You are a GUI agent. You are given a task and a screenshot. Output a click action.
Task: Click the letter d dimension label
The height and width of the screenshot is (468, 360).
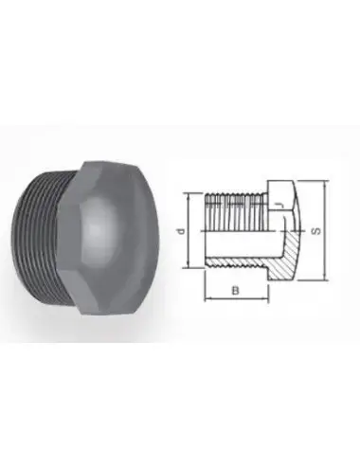[192, 230]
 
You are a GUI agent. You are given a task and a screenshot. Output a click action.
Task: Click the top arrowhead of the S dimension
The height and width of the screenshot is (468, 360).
[324, 182]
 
